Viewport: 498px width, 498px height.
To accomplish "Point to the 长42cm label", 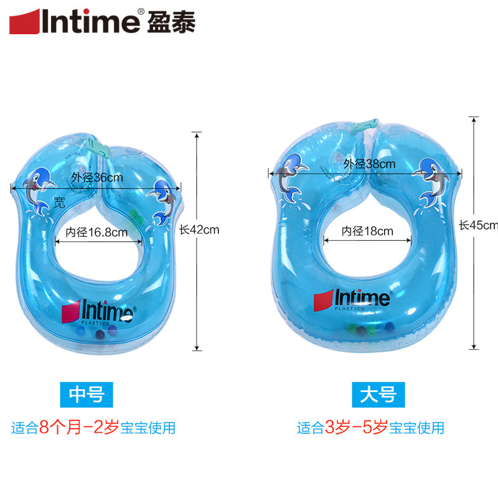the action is (x=199, y=229).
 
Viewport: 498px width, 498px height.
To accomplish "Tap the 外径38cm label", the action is (x=370, y=164).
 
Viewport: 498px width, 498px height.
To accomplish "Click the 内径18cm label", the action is (x=367, y=231).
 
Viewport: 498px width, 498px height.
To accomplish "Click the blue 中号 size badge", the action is (x=86, y=393).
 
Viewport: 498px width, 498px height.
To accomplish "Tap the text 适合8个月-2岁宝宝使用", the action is (x=93, y=428).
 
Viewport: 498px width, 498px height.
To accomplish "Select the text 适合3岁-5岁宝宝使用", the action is (x=370, y=428).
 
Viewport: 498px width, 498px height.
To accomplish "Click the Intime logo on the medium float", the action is (x=96, y=309).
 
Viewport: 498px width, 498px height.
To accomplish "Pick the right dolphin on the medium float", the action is (x=163, y=199).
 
